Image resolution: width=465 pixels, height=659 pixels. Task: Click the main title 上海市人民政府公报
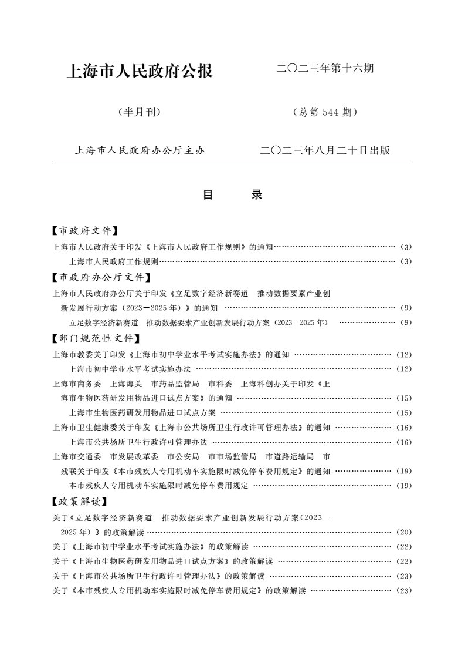140,72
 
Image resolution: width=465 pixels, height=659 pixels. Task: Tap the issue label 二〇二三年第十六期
325,69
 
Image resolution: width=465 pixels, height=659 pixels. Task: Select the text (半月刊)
140,112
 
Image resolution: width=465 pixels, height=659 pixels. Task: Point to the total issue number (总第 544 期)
324,112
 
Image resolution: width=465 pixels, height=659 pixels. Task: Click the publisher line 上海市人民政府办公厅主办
140,150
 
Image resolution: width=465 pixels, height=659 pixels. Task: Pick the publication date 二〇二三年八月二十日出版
325,150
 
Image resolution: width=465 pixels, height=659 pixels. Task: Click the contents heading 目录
232,195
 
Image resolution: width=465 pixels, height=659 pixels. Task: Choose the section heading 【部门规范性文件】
97,338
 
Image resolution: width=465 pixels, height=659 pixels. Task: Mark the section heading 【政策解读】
80,502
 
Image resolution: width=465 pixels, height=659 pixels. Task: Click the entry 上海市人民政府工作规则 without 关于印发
114,261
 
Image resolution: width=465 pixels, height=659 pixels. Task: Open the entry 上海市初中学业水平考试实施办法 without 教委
130,369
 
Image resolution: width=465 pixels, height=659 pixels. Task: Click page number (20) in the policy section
404,532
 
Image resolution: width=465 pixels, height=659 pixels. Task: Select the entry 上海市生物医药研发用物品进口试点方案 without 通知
142,412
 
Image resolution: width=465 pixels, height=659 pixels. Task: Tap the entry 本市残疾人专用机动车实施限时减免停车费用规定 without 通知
159,486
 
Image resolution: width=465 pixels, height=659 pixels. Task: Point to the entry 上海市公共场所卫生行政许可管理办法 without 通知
138,442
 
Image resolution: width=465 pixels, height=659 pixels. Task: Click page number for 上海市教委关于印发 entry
404,355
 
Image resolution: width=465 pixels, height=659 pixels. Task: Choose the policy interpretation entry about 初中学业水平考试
150,546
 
